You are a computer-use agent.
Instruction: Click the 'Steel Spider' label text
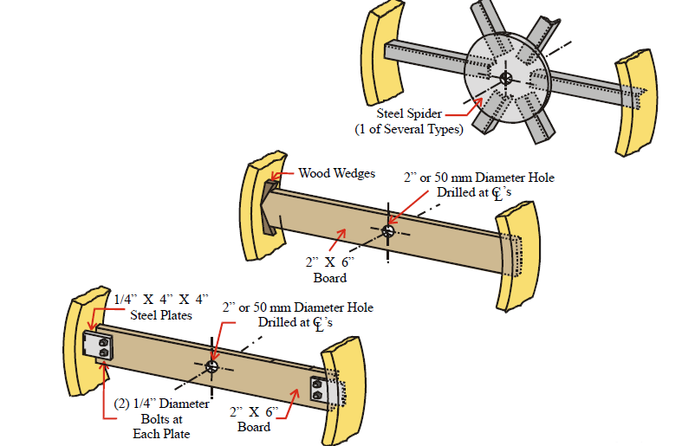pos(409,113)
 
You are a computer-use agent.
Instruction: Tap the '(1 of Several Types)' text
pos(409,129)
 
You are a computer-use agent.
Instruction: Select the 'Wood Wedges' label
pos(337,173)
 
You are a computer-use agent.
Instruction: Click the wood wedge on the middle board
pos(268,207)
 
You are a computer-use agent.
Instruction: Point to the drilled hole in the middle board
pos(388,230)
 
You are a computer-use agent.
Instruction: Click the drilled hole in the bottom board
pos(211,366)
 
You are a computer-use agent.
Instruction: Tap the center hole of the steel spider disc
pos(506,79)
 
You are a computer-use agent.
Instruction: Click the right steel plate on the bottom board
pos(325,391)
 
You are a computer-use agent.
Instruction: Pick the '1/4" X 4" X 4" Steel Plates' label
pos(161,307)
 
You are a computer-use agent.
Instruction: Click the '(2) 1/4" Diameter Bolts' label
pos(161,418)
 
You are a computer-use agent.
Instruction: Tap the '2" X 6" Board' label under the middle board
pos(330,269)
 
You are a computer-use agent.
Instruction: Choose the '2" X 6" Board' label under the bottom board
pos(254,419)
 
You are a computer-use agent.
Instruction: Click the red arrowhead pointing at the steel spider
pos(477,103)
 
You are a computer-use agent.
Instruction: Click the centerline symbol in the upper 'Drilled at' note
pos(497,193)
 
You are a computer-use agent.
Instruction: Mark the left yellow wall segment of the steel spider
pos(383,53)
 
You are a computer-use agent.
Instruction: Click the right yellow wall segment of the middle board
pos(517,255)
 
